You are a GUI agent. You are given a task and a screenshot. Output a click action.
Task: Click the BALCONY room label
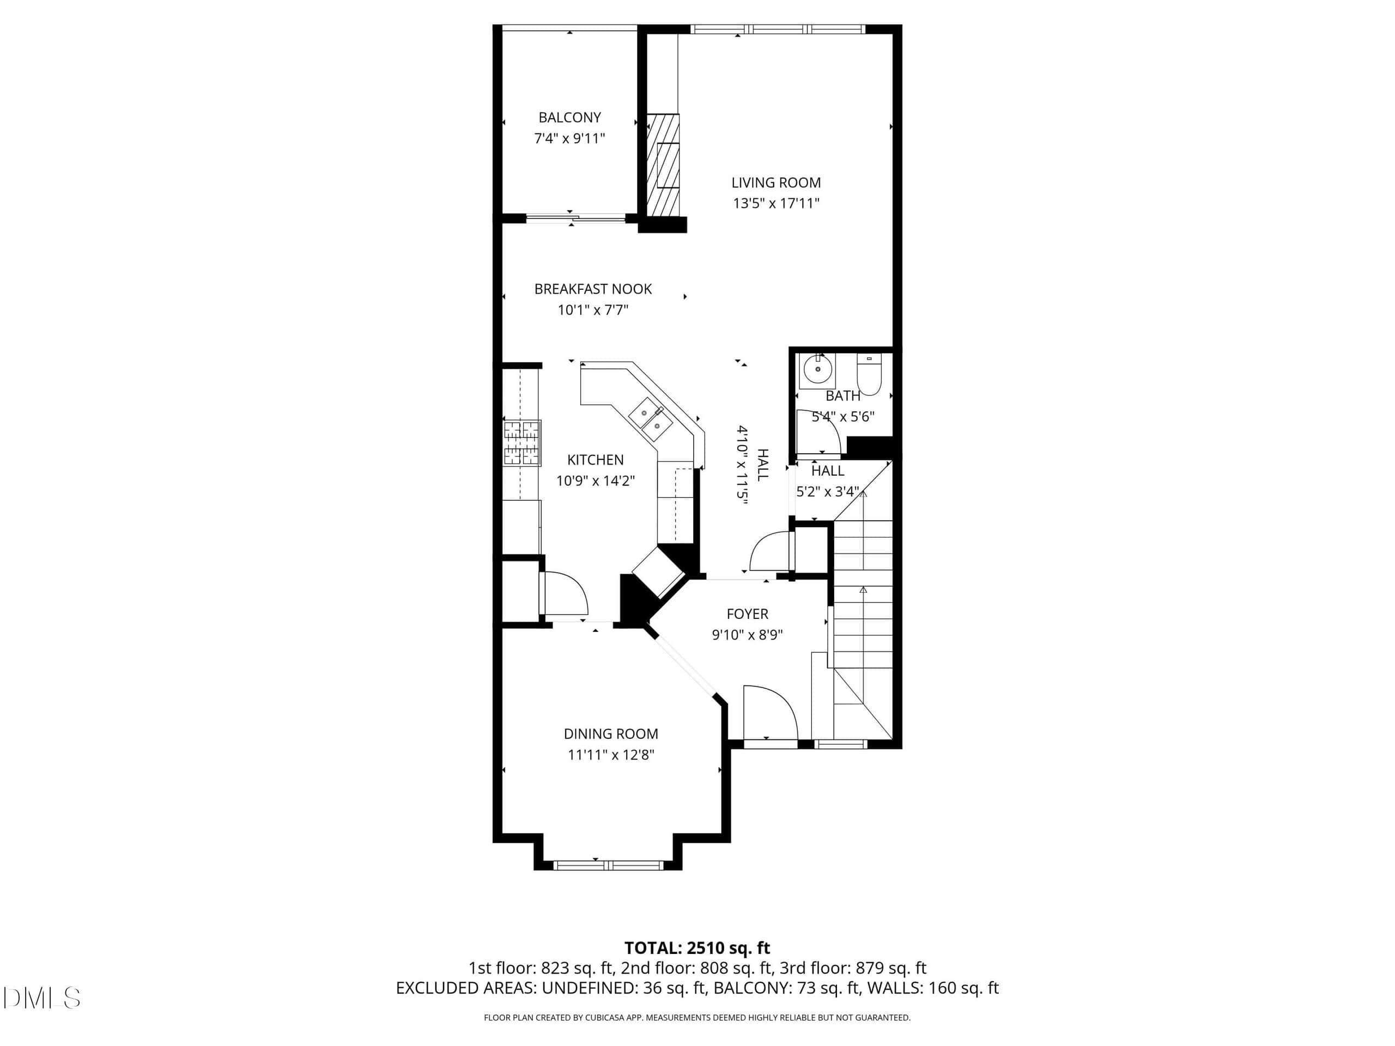(569, 117)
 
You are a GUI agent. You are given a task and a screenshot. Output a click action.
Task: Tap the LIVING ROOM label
(776, 183)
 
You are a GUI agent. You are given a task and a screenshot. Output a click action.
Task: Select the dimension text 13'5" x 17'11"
(776, 203)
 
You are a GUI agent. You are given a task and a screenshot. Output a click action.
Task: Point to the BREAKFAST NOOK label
(593, 289)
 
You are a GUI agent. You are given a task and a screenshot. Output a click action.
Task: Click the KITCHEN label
(596, 460)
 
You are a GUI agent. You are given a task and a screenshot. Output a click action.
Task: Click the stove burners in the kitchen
(522, 442)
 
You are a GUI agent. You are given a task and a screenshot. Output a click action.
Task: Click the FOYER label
(747, 614)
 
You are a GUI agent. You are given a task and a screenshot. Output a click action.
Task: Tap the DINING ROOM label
(610, 734)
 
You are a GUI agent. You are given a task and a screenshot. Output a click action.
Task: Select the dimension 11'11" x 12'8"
(610, 755)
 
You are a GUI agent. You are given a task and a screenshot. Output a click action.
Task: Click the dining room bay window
(609, 865)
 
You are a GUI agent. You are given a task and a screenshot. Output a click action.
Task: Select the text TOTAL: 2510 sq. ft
(697, 947)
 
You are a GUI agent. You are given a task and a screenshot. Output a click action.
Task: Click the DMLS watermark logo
(41, 998)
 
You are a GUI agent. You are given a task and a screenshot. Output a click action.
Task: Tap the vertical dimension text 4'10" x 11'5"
(742, 462)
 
